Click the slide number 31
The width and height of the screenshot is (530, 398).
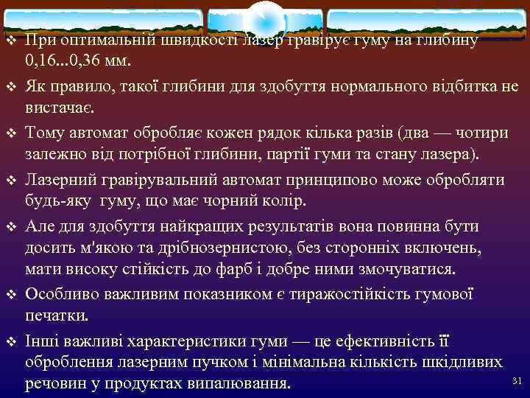click(515, 380)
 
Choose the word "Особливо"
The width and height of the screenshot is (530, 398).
click(61, 294)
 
